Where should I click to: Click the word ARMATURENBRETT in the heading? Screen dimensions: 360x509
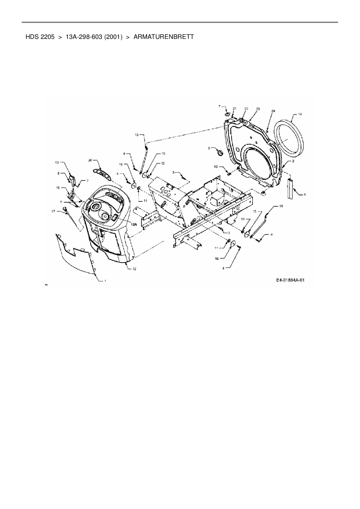click(163, 37)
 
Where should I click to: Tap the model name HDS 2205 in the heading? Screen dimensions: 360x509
click(40, 37)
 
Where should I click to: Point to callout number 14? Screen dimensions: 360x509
click(300, 114)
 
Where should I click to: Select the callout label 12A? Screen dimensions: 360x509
click(134, 224)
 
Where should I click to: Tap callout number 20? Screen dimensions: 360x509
click(90, 160)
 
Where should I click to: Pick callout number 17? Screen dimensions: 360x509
click(53, 211)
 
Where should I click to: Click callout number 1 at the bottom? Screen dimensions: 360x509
click(105, 281)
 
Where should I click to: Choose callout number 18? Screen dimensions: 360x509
click(281, 206)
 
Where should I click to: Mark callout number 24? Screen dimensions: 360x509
click(273, 111)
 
